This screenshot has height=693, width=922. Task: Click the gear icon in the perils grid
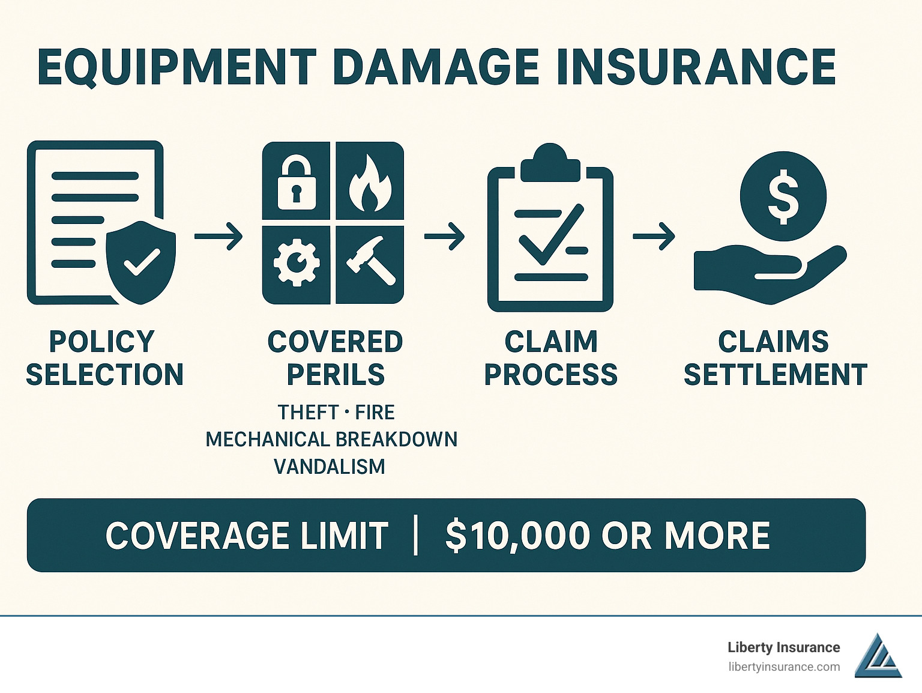[x=296, y=262]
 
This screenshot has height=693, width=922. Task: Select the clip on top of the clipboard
[x=550, y=163]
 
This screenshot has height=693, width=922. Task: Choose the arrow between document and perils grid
[x=218, y=235]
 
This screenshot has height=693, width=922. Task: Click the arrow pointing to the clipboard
[x=444, y=235]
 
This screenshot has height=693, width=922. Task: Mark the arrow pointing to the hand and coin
[x=654, y=235]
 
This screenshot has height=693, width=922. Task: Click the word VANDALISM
[x=329, y=467]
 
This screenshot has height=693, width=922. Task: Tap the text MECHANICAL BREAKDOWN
[x=331, y=440]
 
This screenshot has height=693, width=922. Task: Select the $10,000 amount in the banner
[x=517, y=536]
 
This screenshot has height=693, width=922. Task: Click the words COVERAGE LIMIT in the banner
[x=247, y=536]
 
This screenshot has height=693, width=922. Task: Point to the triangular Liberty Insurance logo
[x=877, y=656]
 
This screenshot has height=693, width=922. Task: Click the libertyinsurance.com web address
[x=784, y=667]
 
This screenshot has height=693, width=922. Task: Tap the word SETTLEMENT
[x=775, y=375]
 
